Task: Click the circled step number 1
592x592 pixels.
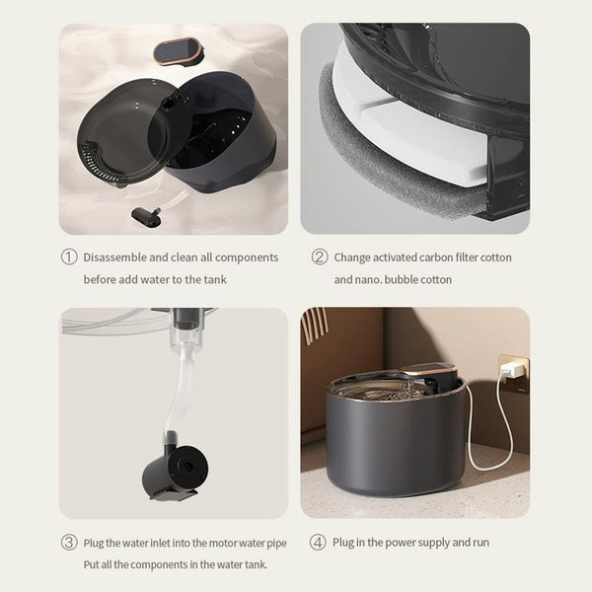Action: click(x=69, y=258)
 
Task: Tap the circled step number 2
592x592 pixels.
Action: click(x=320, y=258)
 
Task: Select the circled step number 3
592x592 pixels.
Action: click(x=69, y=543)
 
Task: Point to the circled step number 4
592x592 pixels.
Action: click(x=318, y=542)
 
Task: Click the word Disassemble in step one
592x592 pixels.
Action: click(x=114, y=258)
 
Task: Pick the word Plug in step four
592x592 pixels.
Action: click(x=342, y=543)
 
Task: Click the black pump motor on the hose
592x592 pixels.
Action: click(x=175, y=473)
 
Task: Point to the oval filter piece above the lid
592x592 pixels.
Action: click(x=179, y=51)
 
